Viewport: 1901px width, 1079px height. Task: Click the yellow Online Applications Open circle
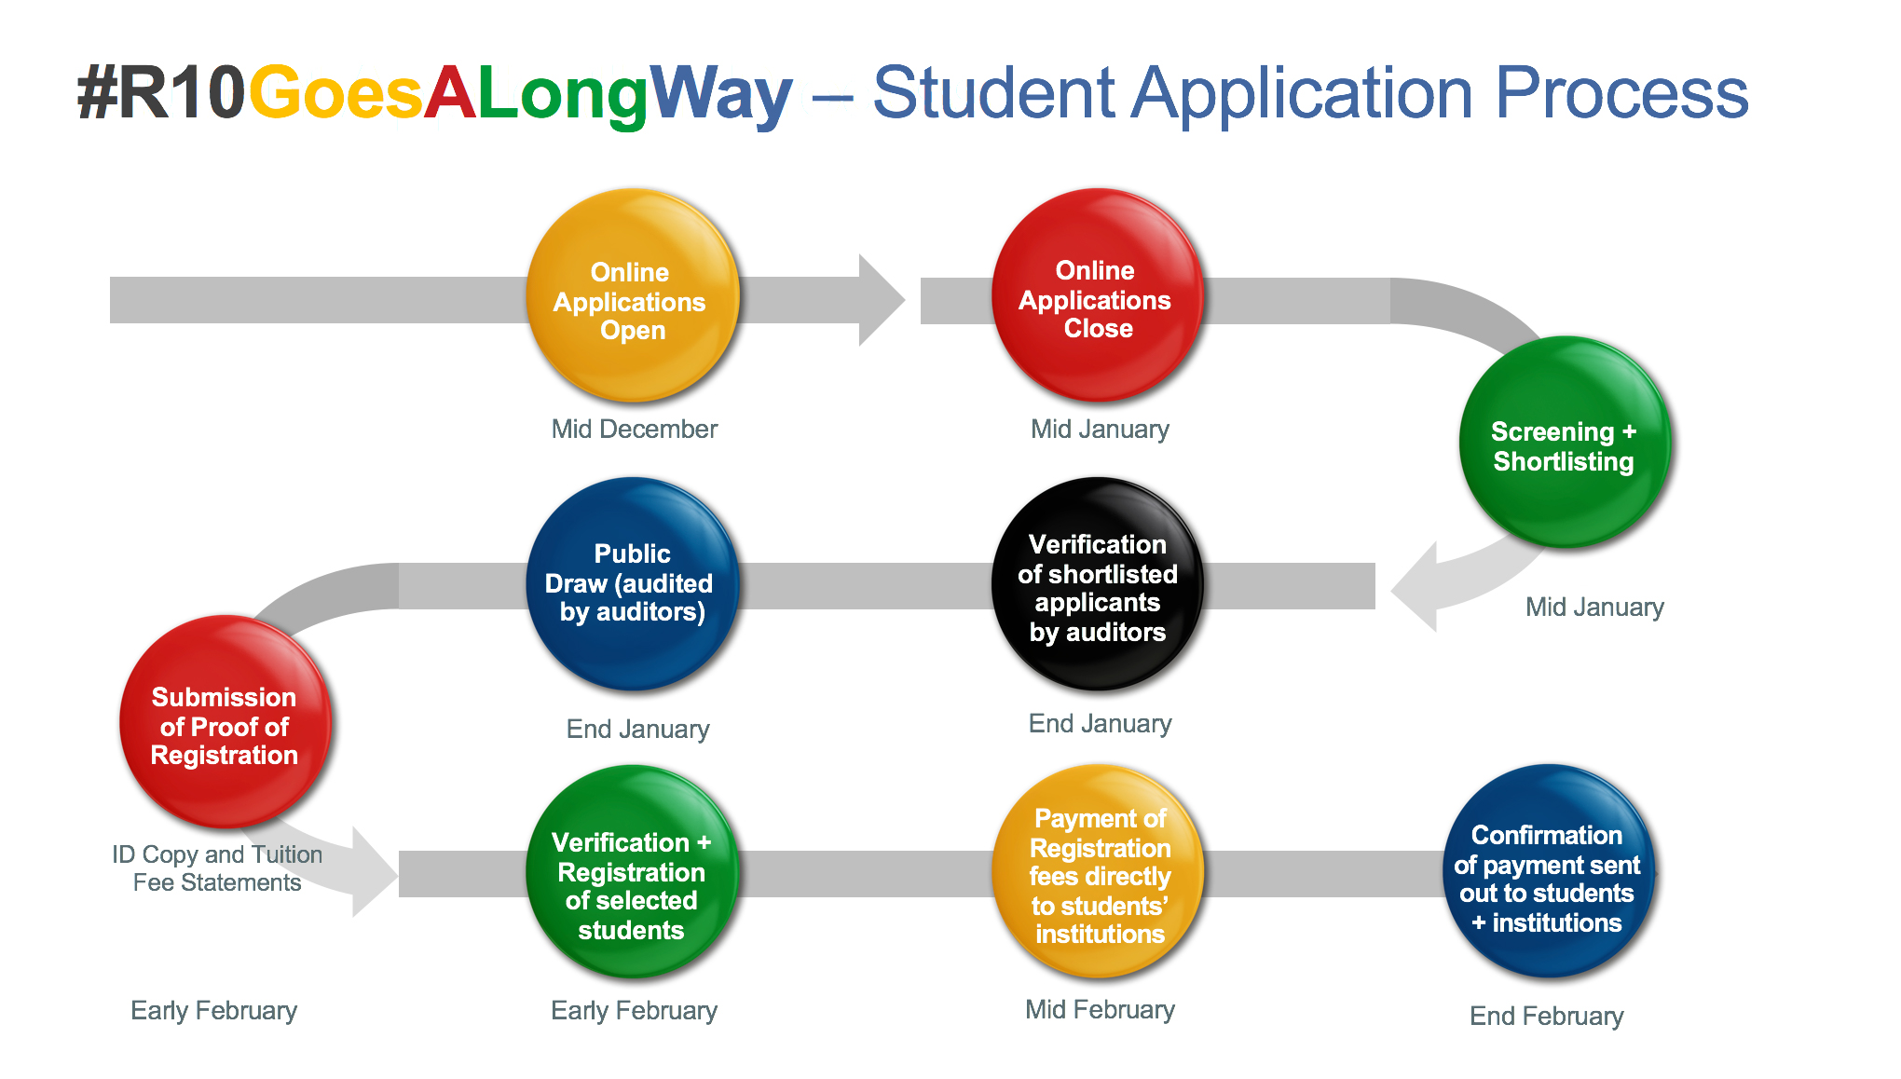[x=633, y=295]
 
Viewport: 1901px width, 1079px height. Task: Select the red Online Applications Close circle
[x=1098, y=295]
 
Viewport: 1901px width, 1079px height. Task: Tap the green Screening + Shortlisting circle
[x=1565, y=442]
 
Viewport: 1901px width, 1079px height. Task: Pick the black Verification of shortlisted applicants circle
[x=1098, y=584]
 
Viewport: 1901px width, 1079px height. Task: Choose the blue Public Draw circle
[x=633, y=584]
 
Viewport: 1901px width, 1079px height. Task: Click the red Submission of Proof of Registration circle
[x=225, y=721]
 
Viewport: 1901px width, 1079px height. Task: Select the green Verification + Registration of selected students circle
[x=633, y=871]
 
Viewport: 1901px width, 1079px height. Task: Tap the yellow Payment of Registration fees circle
[x=1098, y=871]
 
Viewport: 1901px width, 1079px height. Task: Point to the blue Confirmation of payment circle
[x=1549, y=871]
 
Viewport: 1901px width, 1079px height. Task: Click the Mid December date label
[x=634, y=429]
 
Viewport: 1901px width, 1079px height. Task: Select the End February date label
[x=1546, y=1016]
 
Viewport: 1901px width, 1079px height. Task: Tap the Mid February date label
[x=1100, y=1009]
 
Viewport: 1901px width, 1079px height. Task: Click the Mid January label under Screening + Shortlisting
[x=1594, y=608]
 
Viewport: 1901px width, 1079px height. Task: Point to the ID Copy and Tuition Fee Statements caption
[x=217, y=868]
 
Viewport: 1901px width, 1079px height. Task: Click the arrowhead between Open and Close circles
[x=882, y=300]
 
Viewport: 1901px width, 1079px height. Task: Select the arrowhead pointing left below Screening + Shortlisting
[x=1414, y=587]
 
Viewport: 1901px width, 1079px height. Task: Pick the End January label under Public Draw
[x=637, y=729]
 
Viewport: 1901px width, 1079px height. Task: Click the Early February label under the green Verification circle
[x=634, y=1011]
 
